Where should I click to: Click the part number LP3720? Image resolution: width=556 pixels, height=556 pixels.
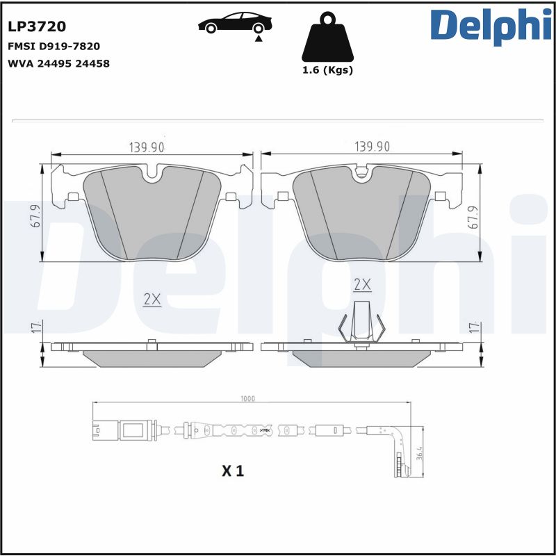37,27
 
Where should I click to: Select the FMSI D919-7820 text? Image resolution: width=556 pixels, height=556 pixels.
54,47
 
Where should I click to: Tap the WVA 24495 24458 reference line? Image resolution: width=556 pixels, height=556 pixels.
58,63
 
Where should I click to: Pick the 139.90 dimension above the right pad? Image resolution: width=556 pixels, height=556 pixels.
372,147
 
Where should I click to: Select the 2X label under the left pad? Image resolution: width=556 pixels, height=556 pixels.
152,300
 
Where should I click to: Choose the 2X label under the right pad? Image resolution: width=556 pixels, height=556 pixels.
362,284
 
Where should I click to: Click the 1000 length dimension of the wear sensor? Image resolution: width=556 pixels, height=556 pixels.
248,399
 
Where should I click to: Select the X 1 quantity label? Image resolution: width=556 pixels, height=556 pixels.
234,471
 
